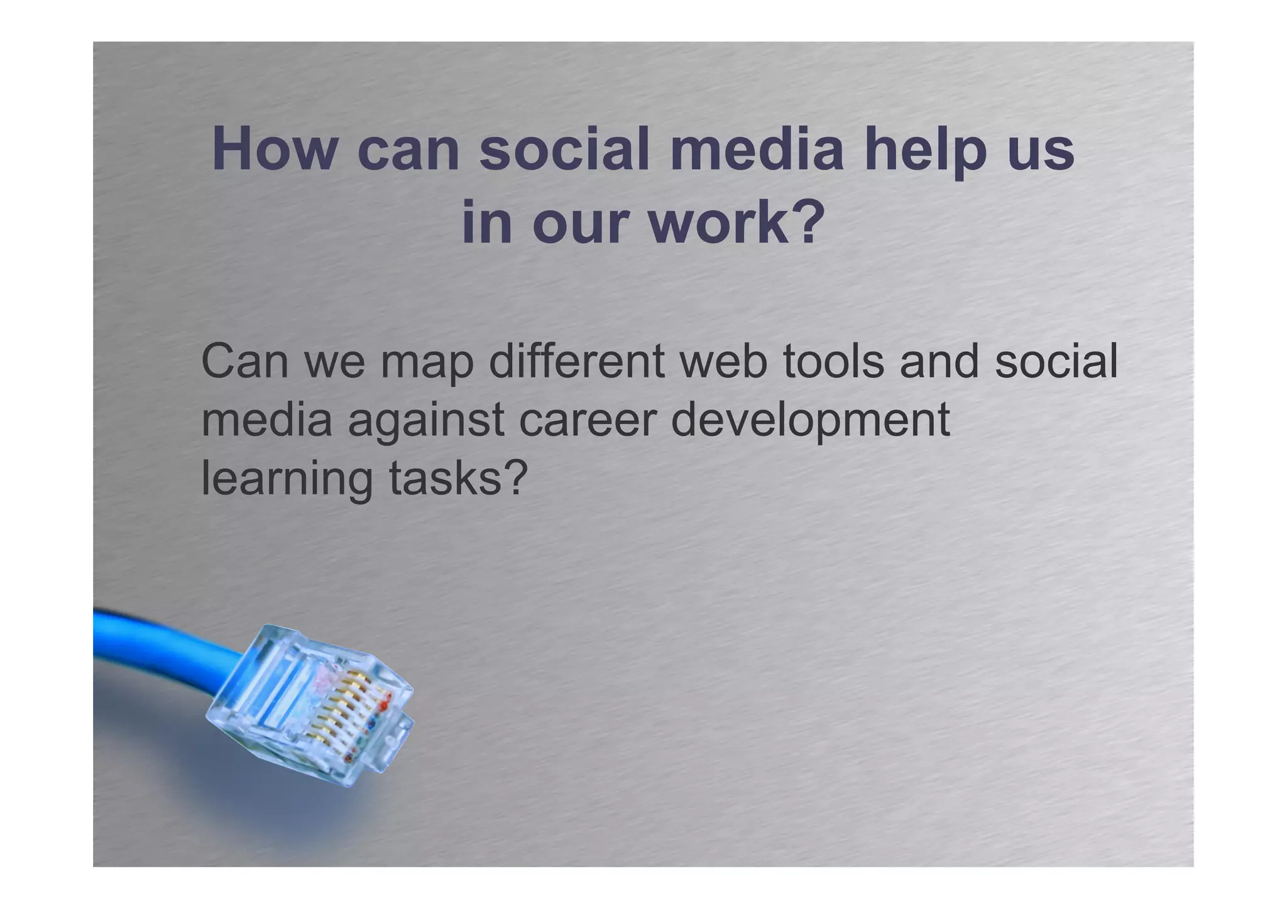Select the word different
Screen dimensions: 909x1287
(x=576, y=362)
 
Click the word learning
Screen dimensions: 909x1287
(x=287, y=479)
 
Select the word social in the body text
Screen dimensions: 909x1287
(x=1056, y=362)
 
